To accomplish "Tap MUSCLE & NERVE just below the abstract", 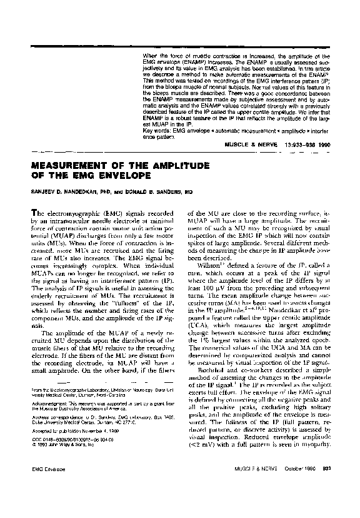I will pyautogui.click(x=246, y=144).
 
